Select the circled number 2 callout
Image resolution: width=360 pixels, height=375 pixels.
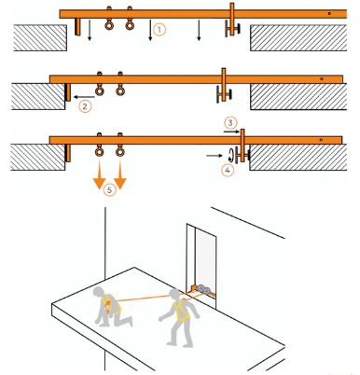(85, 105)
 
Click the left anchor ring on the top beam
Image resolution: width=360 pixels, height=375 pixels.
(109, 26)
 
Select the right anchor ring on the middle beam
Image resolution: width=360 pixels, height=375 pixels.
(119, 90)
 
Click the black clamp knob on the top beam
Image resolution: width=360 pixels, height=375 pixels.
(242, 32)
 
